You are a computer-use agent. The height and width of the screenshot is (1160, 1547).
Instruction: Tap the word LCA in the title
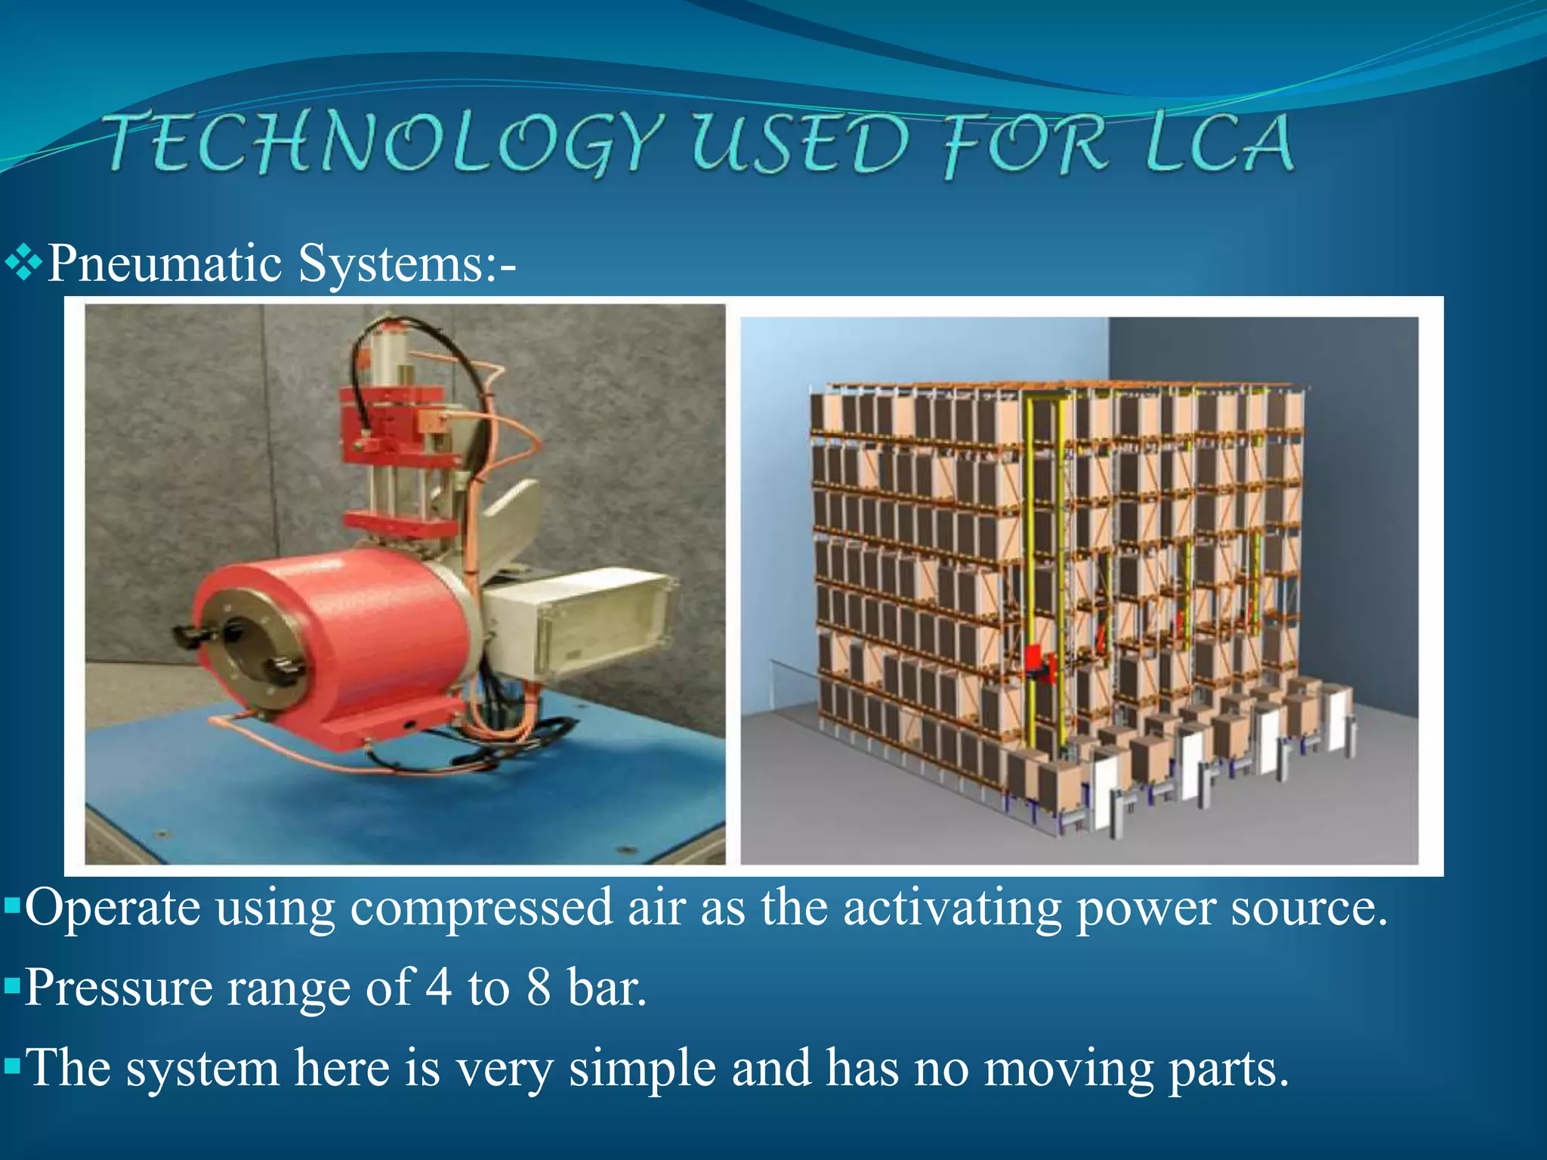pyautogui.click(x=1218, y=143)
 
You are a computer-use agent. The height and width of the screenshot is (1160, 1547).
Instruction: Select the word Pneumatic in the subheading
pyautogui.click(x=165, y=264)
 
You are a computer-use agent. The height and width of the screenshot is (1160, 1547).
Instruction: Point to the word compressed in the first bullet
pyautogui.click(x=480, y=908)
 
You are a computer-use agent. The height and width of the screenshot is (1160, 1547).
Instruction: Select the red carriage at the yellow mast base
pyautogui.click(x=1039, y=665)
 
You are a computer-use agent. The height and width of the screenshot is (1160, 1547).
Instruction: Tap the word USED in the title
pyautogui.click(x=801, y=144)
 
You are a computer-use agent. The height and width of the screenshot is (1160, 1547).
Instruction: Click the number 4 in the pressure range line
pyautogui.click(x=439, y=987)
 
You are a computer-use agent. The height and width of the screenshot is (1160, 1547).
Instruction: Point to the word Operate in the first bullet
pyautogui.click(x=113, y=908)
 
